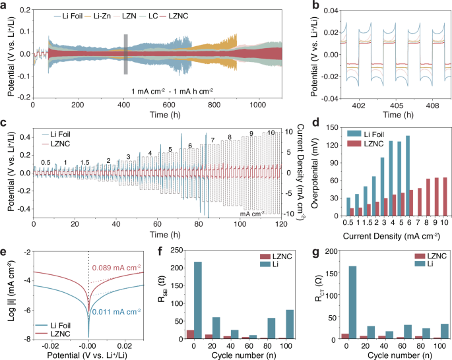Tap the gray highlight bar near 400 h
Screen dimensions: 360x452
[x=125, y=54]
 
